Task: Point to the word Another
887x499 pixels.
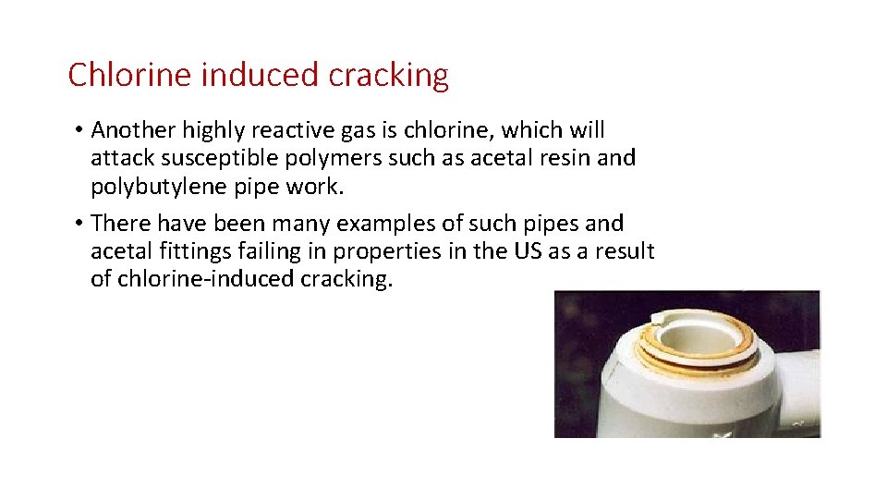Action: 130,130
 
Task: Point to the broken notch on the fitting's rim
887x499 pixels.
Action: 662,319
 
